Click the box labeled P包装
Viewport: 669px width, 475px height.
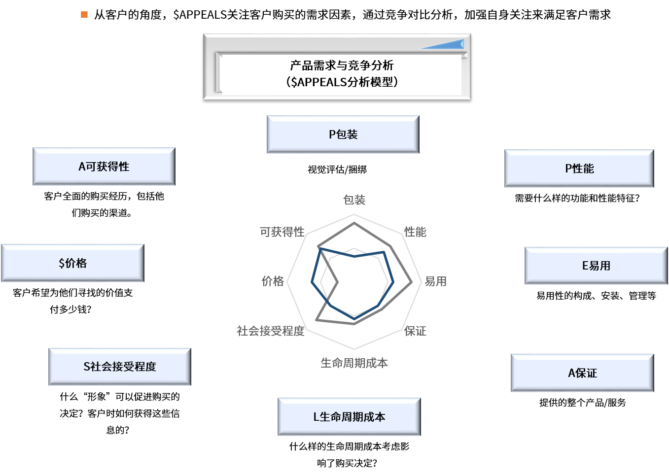343,135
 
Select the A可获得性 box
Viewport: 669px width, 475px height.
104,167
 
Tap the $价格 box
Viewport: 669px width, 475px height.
72,263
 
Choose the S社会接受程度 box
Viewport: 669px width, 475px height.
120,367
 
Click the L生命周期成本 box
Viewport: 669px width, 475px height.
349,417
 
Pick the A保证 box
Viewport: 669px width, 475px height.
582,373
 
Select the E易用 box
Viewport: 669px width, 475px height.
596,266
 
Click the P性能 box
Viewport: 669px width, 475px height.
579,169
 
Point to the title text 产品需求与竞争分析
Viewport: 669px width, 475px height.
342,65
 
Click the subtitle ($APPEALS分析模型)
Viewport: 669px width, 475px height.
342,82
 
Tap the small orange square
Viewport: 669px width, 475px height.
84,15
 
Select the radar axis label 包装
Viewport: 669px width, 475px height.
354,200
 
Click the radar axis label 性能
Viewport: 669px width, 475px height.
415,232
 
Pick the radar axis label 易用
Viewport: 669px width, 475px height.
435,281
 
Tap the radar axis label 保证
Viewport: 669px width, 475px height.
416,331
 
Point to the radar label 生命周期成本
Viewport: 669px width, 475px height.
354,363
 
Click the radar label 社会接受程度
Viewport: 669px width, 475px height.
270,331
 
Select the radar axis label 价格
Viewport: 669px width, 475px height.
273,281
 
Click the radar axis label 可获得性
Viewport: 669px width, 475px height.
282,232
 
